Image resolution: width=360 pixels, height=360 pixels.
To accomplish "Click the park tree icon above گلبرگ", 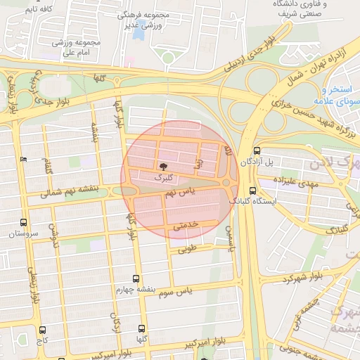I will (x=163, y=167).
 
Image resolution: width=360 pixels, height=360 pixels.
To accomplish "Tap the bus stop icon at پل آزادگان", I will (x=256, y=150).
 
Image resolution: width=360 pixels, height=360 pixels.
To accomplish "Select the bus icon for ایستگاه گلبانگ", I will (x=253, y=190).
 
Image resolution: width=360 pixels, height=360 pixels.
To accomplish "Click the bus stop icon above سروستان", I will (x=25, y=222).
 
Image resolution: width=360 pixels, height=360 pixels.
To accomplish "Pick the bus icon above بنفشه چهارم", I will (x=136, y=278).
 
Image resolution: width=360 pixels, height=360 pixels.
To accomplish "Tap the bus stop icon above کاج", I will (x=43, y=330).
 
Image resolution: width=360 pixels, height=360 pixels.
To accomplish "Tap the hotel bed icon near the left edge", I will (x=24, y=159).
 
